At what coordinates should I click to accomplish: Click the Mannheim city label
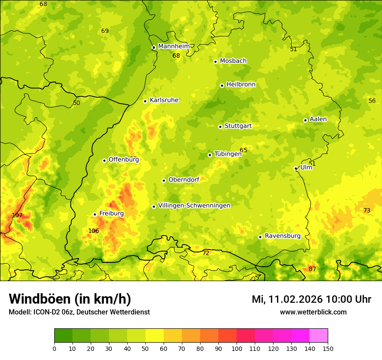pyautogui.click(x=174, y=46)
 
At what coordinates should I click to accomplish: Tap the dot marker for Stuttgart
pyautogui.click(x=220, y=127)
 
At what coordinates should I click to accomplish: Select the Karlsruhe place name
pyautogui.click(x=164, y=100)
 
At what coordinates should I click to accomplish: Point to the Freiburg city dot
pyautogui.click(x=95, y=214)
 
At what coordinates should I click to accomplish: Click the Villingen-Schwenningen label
pyautogui.click(x=194, y=206)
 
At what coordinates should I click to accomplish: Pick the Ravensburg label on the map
pyautogui.click(x=283, y=236)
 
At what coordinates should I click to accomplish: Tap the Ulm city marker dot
pyautogui.click(x=296, y=168)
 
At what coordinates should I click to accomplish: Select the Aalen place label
pyautogui.click(x=318, y=119)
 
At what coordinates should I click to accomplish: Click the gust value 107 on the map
pyautogui.click(x=17, y=216)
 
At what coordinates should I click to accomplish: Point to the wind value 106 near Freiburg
pyautogui.click(x=93, y=231)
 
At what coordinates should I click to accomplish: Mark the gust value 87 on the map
pyautogui.click(x=312, y=269)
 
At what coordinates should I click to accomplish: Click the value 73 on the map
pyautogui.click(x=367, y=210)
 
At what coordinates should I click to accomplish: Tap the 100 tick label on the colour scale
pyautogui.click(x=237, y=348)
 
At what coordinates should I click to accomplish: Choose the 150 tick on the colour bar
pyautogui.click(x=328, y=348)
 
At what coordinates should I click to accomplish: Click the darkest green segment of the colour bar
pyautogui.click(x=63, y=335)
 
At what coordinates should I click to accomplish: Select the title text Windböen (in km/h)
pyautogui.click(x=69, y=299)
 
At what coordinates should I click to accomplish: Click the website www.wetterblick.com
pyautogui.click(x=313, y=312)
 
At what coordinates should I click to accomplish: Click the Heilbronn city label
pyautogui.click(x=241, y=85)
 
